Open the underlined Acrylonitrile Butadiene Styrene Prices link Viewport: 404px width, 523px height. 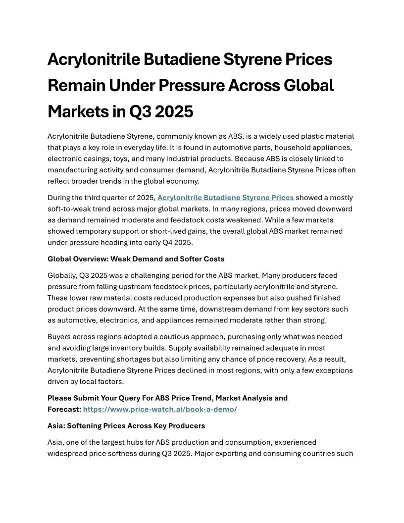225,198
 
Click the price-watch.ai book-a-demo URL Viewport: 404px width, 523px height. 160,409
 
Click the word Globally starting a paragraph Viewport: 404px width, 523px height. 62,275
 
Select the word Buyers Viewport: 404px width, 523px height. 59,337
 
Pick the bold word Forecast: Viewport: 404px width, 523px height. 64,409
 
